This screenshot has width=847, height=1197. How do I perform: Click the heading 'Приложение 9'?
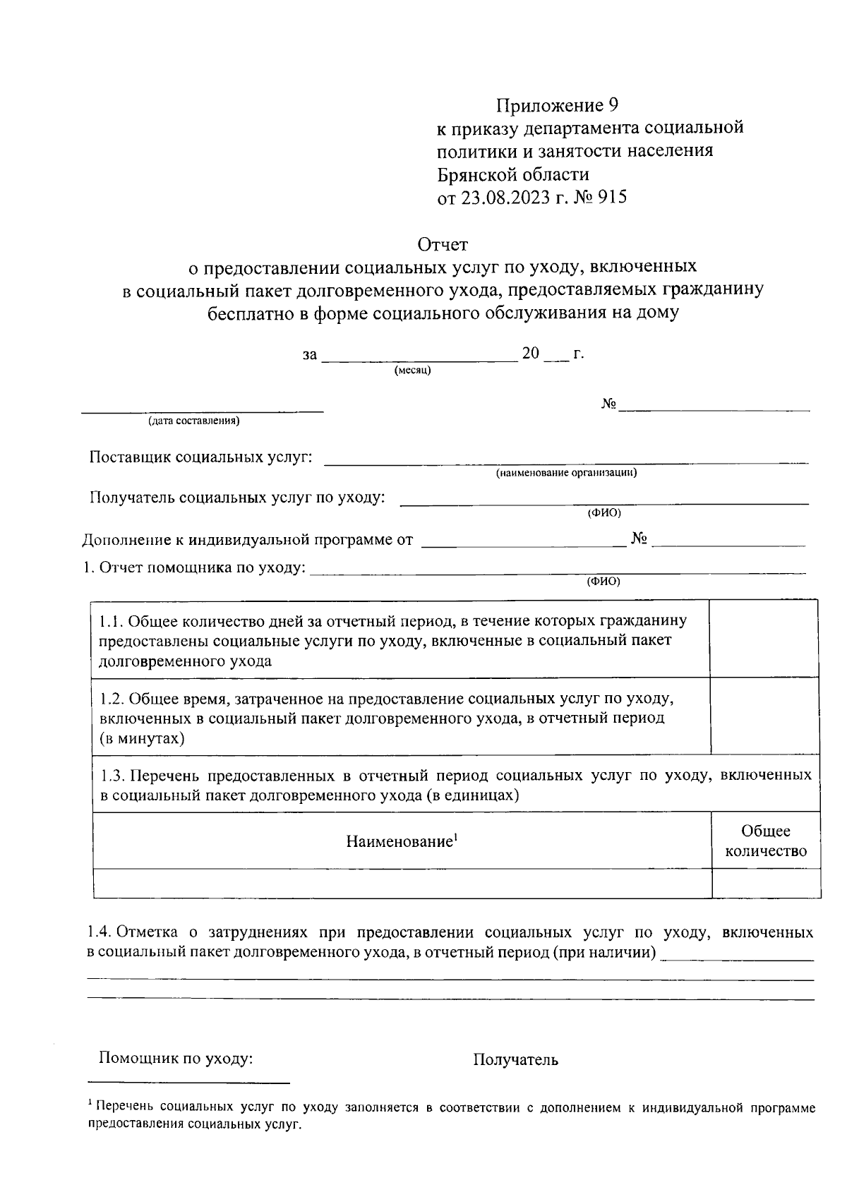[557, 106]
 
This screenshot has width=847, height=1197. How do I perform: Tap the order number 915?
[611, 198]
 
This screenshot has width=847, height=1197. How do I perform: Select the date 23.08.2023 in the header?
[505, 198]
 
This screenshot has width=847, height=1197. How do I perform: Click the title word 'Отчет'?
[443, 245]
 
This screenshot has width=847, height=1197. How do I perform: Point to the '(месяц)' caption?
[413, 371]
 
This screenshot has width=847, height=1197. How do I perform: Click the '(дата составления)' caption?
[193, 422]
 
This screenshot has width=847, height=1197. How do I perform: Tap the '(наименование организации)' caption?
[566, 473]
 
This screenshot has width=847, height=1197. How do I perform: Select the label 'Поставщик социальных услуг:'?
[200, 457]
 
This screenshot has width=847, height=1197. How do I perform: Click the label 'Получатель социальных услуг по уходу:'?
[237, 497]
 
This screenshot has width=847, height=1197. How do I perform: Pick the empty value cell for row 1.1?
[764, 639]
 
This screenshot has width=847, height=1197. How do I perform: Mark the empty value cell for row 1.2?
[764, 716]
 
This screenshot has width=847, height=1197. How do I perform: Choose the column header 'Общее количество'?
[766, 841]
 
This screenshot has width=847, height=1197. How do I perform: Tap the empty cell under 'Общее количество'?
[766, 883]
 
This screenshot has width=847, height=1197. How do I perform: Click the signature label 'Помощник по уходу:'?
[176, 1059]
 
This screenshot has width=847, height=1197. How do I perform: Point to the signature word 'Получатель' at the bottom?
[515, 1059]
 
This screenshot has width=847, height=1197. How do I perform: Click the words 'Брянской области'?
[513, 174]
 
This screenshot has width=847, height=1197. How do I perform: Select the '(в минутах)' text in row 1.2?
[142, 739]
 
